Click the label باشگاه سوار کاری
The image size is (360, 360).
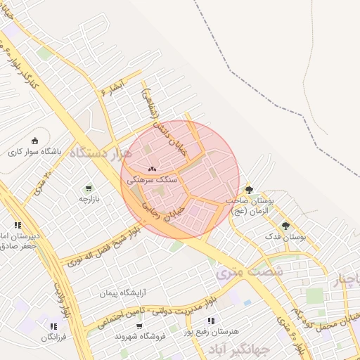click(35, 151)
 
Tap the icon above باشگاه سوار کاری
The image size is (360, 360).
click(35, 141)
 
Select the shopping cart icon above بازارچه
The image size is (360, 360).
click(88, 188)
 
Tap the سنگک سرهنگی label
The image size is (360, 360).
click(152, 181)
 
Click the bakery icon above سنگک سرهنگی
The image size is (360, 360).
click(153, 169)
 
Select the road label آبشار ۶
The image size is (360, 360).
click(112, 86)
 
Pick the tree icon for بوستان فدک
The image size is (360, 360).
click(285, 226)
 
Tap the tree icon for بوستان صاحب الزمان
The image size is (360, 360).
click(249, 190)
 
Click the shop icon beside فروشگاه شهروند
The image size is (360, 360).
click(139, 326)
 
